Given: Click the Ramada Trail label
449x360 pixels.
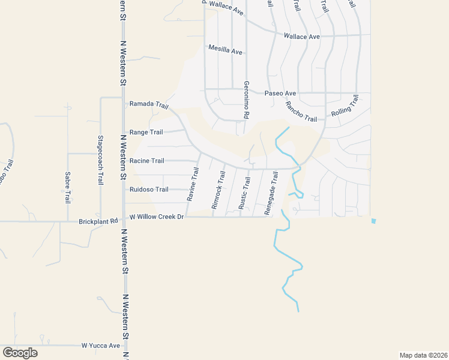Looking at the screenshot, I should pos(149,104).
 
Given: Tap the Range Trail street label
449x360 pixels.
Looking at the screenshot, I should pos(146,132).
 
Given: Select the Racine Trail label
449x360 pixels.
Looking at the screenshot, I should pos(146,161).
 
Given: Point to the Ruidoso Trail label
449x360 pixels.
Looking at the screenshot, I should pos(149,190).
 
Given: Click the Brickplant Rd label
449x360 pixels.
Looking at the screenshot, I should pos(98,221).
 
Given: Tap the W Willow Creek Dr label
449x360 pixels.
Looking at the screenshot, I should pos(155,217).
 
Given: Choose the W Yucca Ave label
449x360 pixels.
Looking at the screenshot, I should pos(101,346).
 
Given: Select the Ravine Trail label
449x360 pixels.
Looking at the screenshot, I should pos(194,184).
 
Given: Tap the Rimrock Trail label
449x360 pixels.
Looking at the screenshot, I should pos(218,190).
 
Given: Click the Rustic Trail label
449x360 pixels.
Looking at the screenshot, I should pos(244,192).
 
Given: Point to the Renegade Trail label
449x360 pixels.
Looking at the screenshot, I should pos(271,193).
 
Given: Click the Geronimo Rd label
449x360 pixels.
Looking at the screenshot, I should pos(246,100).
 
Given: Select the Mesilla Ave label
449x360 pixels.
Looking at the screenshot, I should pos(225,50).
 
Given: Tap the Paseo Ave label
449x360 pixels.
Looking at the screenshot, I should pos(281,94).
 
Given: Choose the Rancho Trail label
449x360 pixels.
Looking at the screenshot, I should pos(301,111).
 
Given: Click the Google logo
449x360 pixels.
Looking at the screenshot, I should pos(20,353).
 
